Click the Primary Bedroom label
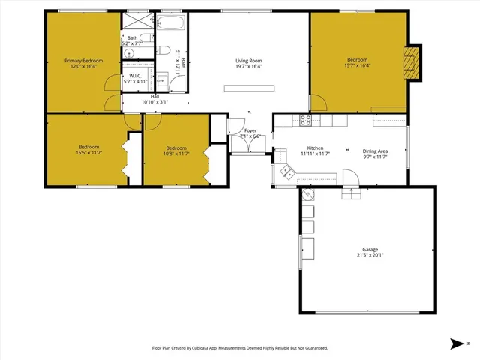83,61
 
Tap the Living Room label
248,61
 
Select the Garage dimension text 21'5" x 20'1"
369,255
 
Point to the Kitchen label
316,148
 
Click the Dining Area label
375,148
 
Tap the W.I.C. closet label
136,76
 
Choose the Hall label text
154,96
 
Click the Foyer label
250,130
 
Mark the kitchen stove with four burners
306,118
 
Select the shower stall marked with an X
136,20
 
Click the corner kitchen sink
287,172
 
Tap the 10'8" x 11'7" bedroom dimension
176,154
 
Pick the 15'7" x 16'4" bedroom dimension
357,65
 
